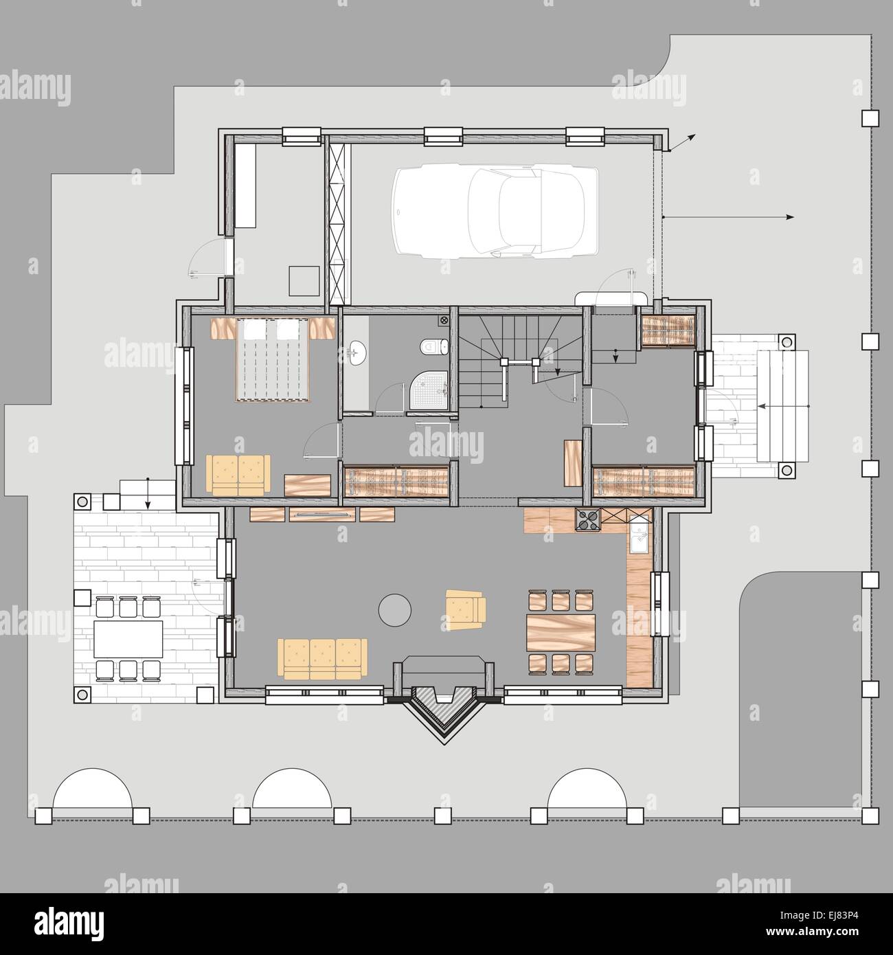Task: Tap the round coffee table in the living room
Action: coord(396,609)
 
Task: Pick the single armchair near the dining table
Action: coord(465,609)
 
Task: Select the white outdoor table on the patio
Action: coord(128,639)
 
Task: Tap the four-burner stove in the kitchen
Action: coord(588,520)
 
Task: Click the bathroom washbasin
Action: coord(357,352)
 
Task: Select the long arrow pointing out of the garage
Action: coord(728,217)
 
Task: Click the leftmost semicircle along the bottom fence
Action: coord(92,791)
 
